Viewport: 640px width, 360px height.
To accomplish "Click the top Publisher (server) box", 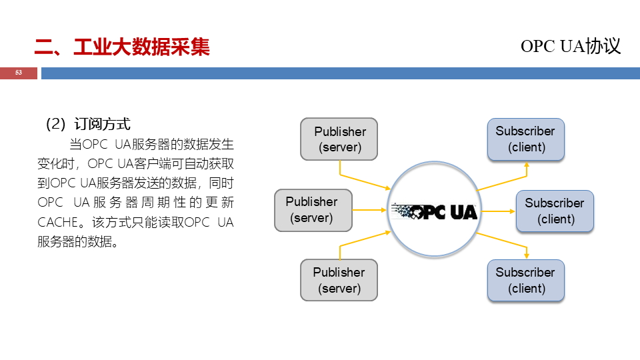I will pyautogui.click(x=339, y=139).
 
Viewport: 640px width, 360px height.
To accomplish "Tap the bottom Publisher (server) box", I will pyautogui.click(x=339, y=281).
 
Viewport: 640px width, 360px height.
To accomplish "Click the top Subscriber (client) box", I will pyautogui.click(x=525, y=139).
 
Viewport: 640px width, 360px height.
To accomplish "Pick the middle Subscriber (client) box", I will pyautogui.click(x=555, y=211).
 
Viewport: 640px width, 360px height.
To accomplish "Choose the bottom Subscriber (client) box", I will pyautogui.click(x=525, y=281).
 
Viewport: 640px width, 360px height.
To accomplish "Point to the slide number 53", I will pyautogui.click(x=18, y=73).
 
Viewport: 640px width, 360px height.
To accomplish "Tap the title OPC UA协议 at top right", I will pyautogui.click(x=571, y=46).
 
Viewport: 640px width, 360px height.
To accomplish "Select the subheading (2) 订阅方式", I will pyautogui.click(x=88, y=124).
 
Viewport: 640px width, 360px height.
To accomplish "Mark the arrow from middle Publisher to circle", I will pyautogui.click(x=369, y=210).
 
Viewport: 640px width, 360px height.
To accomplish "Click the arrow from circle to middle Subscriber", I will pyautogui.click(x=497, y=211).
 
